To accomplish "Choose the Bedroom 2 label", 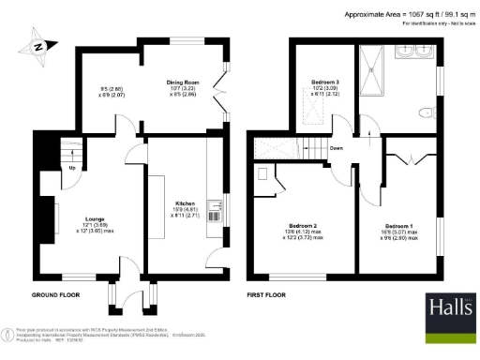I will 302,226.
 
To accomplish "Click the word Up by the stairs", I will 73,169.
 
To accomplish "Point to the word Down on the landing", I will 336,147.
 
